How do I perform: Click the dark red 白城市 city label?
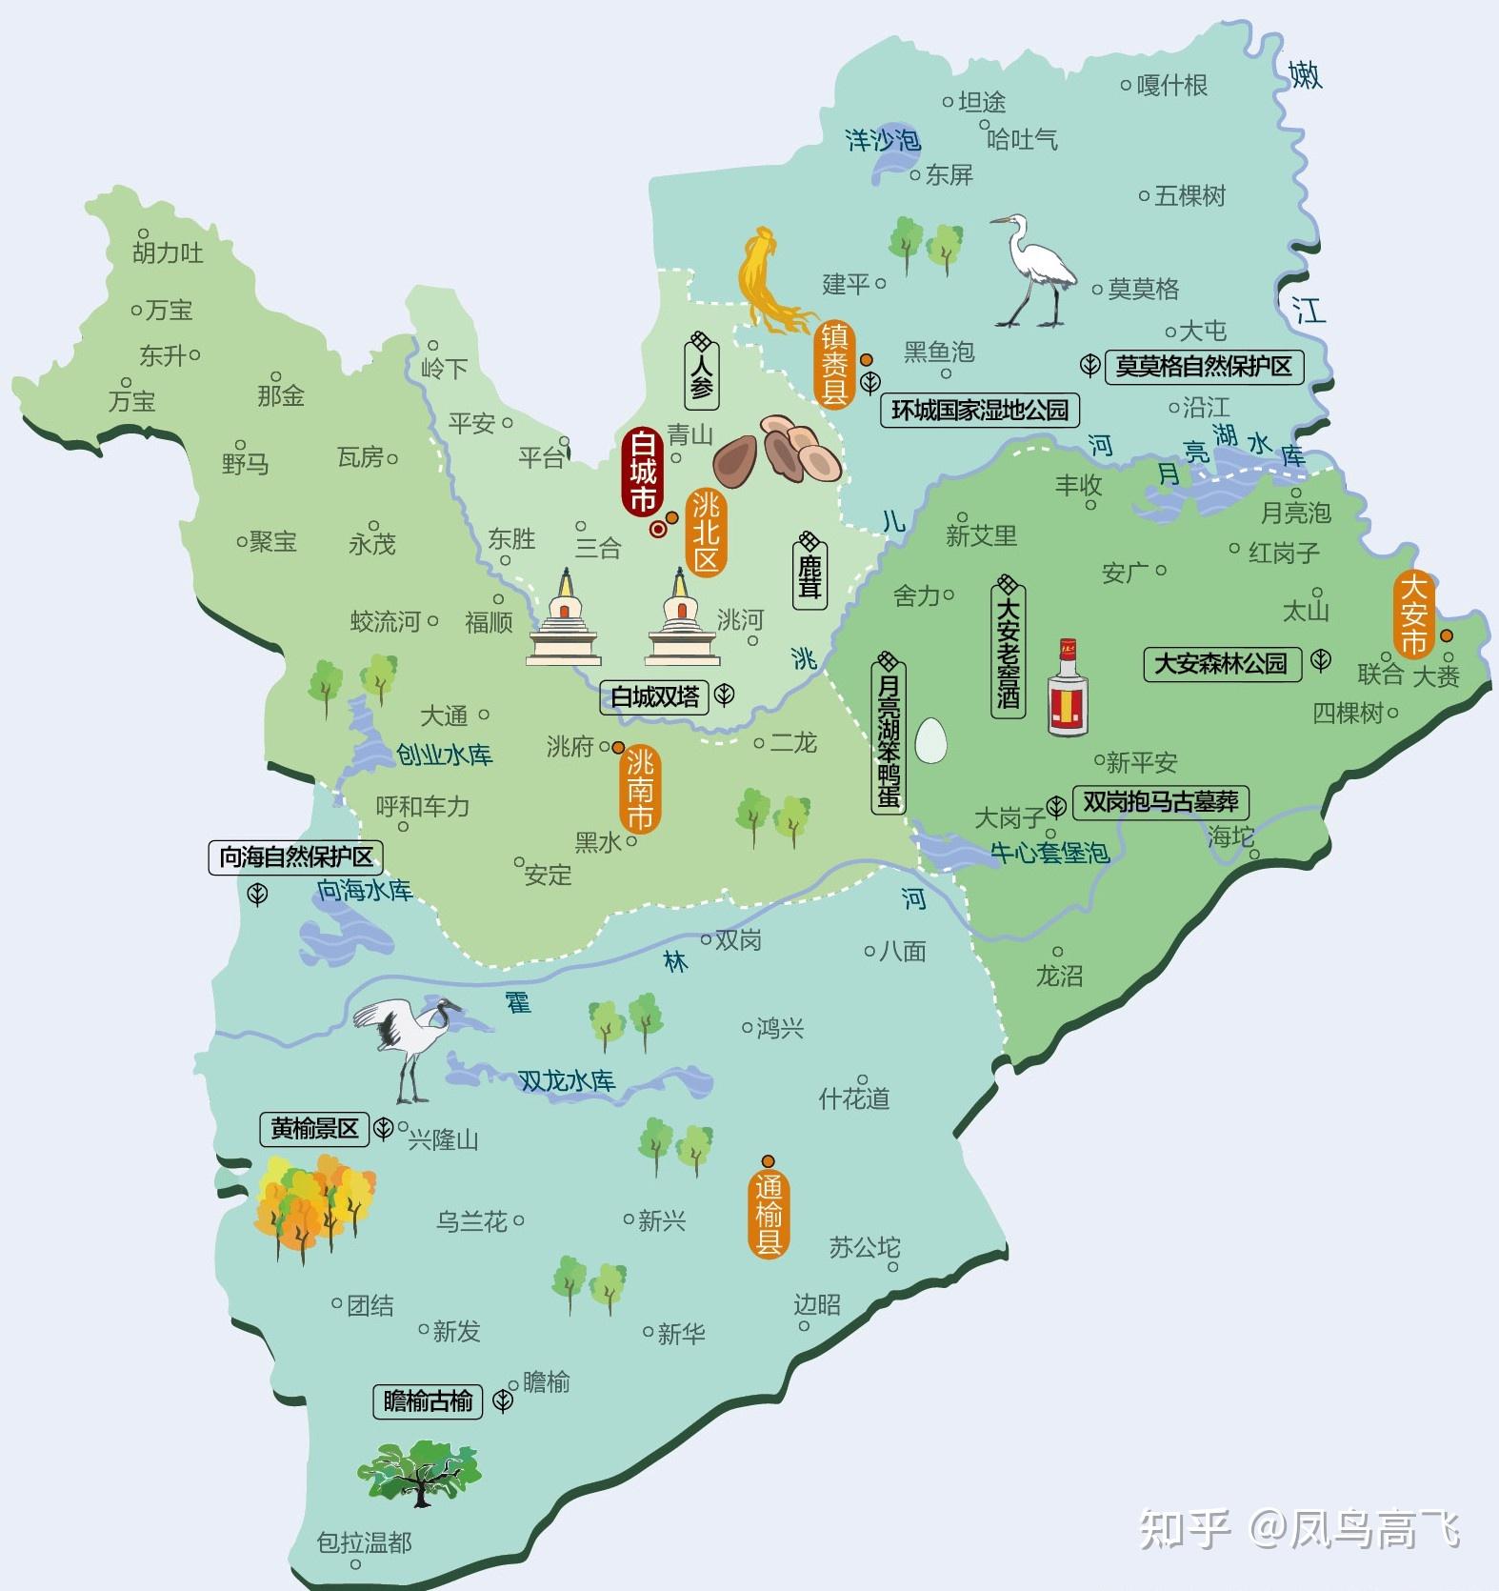click(643, 473)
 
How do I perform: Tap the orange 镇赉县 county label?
click(834, 364)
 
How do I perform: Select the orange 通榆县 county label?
click(768, 1215)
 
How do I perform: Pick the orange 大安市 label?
click(1414, 614)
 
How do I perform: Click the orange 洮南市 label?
click(640, 790)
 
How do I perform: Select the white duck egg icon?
click(930, 739)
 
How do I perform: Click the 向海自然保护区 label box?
click(295, 856)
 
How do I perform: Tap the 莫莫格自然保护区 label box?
click(1204, 366)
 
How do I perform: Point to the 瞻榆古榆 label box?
click(428, 1400)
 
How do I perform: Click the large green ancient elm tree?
click(420, 1473)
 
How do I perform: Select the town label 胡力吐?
click(168, 252)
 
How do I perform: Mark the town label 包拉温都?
click(364, 1541)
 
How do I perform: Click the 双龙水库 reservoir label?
click(567, 1080)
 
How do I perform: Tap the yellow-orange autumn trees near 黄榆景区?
click(311, 1205)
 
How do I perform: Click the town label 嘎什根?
click(1171, 86)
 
